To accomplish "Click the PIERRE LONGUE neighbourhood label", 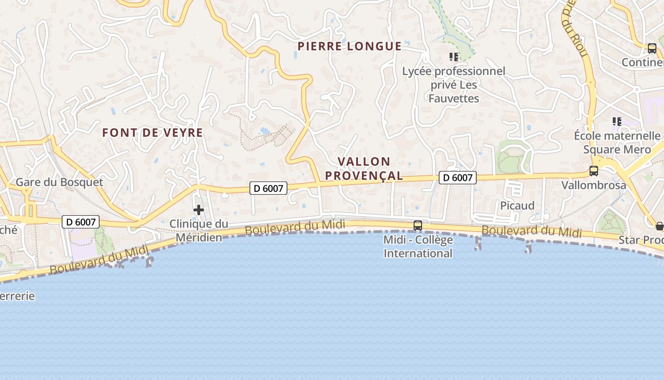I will [350, 46].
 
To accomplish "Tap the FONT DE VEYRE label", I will [153, 133].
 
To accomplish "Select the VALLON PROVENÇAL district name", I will [364, 169].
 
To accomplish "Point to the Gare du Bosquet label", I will [59, 182].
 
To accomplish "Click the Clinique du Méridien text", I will [199, 230].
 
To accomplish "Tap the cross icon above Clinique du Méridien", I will [199, 209].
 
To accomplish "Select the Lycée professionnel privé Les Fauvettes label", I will [454, 85].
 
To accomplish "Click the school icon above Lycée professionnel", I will [454, 57].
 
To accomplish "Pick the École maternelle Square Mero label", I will [617, 142].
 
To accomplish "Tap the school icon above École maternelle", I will [617, 122].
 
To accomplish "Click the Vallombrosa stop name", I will [594, 185].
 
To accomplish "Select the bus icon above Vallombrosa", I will [593, 171].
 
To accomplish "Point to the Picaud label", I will [517, 205].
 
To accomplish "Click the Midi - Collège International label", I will [418, 247].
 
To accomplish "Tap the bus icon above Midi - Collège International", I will [418, 226].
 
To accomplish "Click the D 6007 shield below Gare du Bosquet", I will [81, 221].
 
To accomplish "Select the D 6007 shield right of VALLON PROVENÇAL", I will [457, 178].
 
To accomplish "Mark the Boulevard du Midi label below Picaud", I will [532, 231].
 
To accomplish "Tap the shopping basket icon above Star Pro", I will [659, 226].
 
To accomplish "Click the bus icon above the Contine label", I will [652, 48].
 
